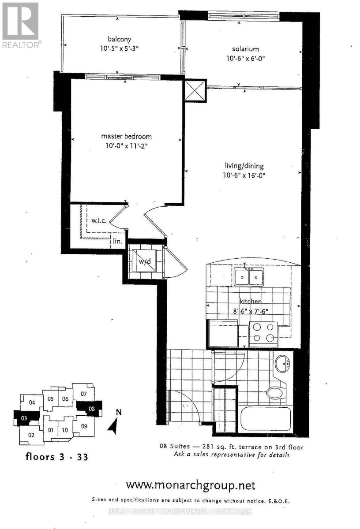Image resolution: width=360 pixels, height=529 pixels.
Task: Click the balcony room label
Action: (120, 39)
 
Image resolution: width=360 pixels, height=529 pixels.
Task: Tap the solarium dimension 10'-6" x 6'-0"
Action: (246, 58)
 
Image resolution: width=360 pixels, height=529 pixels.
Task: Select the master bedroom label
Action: (126, 136)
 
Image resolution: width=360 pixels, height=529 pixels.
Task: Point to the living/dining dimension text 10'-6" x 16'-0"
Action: (244, 175)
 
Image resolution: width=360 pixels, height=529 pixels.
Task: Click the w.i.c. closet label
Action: (99, 220)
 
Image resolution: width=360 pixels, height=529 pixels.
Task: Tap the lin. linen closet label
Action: (117, 241)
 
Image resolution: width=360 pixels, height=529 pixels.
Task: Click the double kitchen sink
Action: (249, 277)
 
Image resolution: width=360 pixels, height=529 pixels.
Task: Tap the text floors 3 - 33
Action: (57, 457)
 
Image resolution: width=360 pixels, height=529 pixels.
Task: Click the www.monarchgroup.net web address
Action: (191, 485)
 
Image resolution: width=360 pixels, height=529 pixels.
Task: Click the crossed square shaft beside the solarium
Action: (195, 91)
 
